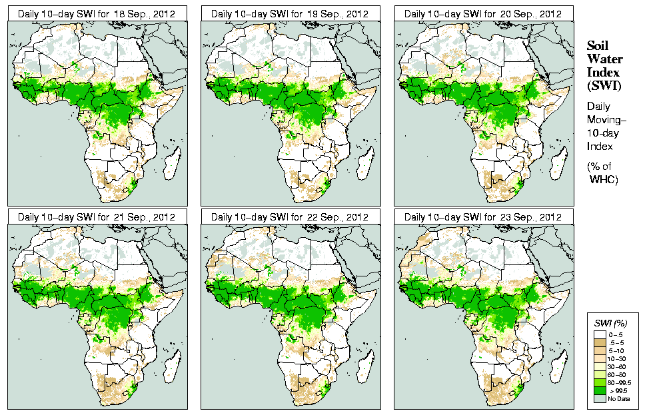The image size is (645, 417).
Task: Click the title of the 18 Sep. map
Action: pyautogui.click(x=96, y=13)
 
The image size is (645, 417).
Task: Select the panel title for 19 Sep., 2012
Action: pyautogui.click(x=290, y=13)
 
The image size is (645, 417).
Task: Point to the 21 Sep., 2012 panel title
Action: pyautogui.click(x=96, y=217)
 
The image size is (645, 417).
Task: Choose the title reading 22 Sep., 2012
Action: pyautogui.click(x=290, y=217)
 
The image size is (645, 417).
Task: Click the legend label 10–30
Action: pyautogui.click(x=616, y=358)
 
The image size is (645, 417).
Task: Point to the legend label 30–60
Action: pyautogui.click(x=616, y=366)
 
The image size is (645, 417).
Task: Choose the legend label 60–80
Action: pyautogui.click(x=616, y=374)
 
